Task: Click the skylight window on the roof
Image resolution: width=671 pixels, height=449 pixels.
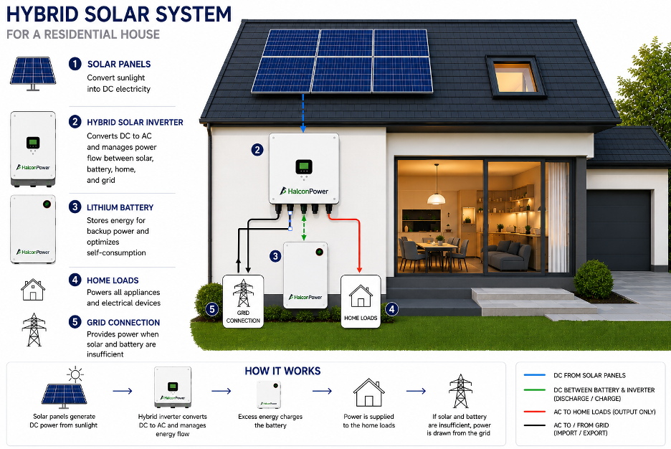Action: coord(515,77)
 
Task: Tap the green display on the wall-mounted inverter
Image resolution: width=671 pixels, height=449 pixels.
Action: coord(304,166)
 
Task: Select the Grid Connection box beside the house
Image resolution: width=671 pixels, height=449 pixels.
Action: coord(243,301)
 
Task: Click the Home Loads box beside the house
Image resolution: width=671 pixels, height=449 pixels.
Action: coord(361,301)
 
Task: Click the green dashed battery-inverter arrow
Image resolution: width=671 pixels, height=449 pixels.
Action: coord(304,227)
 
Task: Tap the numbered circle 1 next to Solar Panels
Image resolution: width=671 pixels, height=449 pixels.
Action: coord(75,65)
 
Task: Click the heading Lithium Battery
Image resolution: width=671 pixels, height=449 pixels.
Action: coord(120,207)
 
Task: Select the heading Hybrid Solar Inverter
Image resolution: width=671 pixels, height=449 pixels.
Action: coord(135,123)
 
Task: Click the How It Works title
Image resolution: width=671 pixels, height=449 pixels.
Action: coord(282,371)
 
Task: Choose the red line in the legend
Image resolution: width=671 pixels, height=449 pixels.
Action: coord(535,412)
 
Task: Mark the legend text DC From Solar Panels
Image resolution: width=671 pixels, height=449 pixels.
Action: coord(589,375)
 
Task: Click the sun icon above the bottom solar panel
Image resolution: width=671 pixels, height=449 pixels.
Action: coord(75,374)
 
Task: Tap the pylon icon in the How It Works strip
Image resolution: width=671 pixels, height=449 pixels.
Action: coord(460,391)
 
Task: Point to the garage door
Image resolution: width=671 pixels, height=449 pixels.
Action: coord(619,230)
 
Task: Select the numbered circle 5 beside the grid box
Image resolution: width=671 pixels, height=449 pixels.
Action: coord(212,309)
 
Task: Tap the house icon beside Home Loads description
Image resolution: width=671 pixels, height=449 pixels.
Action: coord(33,290)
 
